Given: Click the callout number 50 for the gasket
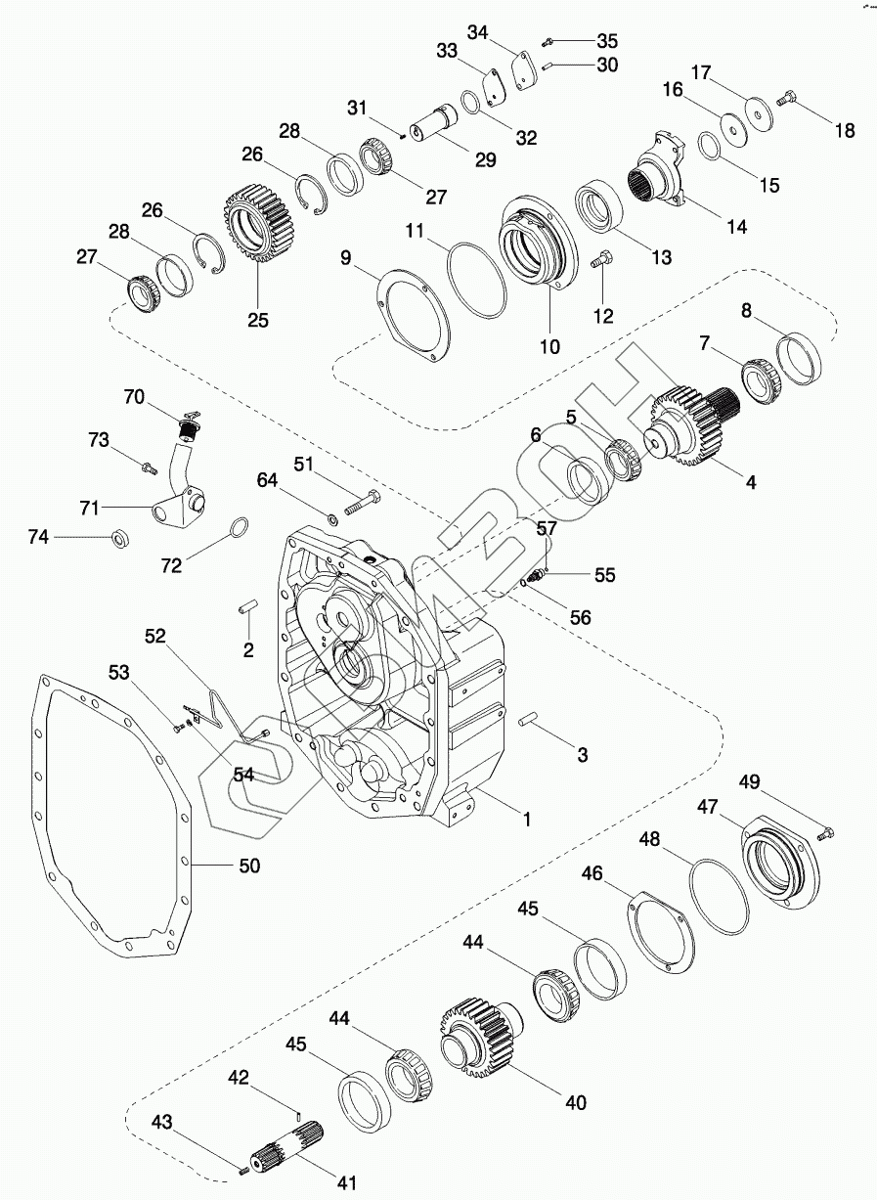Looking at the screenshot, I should (250, 867).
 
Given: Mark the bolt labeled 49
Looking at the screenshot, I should (824, 832).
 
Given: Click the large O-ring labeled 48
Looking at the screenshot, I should (718, 895).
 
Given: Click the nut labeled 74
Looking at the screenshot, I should (119, 536).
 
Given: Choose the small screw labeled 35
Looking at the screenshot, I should (549, 40).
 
